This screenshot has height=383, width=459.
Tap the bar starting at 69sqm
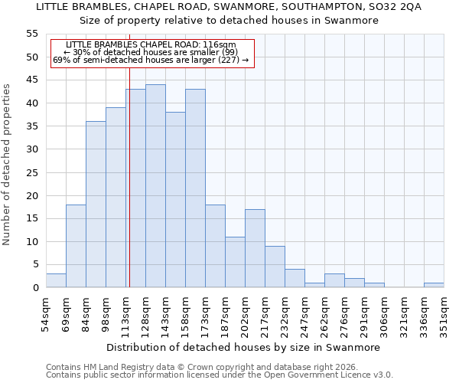pos(76,246)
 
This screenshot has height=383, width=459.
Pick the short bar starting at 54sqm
pos(56,280)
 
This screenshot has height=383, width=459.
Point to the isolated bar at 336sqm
pos(434,285)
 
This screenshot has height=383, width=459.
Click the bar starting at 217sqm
pos(275,267)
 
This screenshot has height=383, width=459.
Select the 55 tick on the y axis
pos(32,34)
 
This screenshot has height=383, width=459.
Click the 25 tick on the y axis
pos(32,172)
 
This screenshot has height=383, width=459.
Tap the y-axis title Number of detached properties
pos(8,165)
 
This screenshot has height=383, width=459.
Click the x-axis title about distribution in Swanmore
pos(243,347)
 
